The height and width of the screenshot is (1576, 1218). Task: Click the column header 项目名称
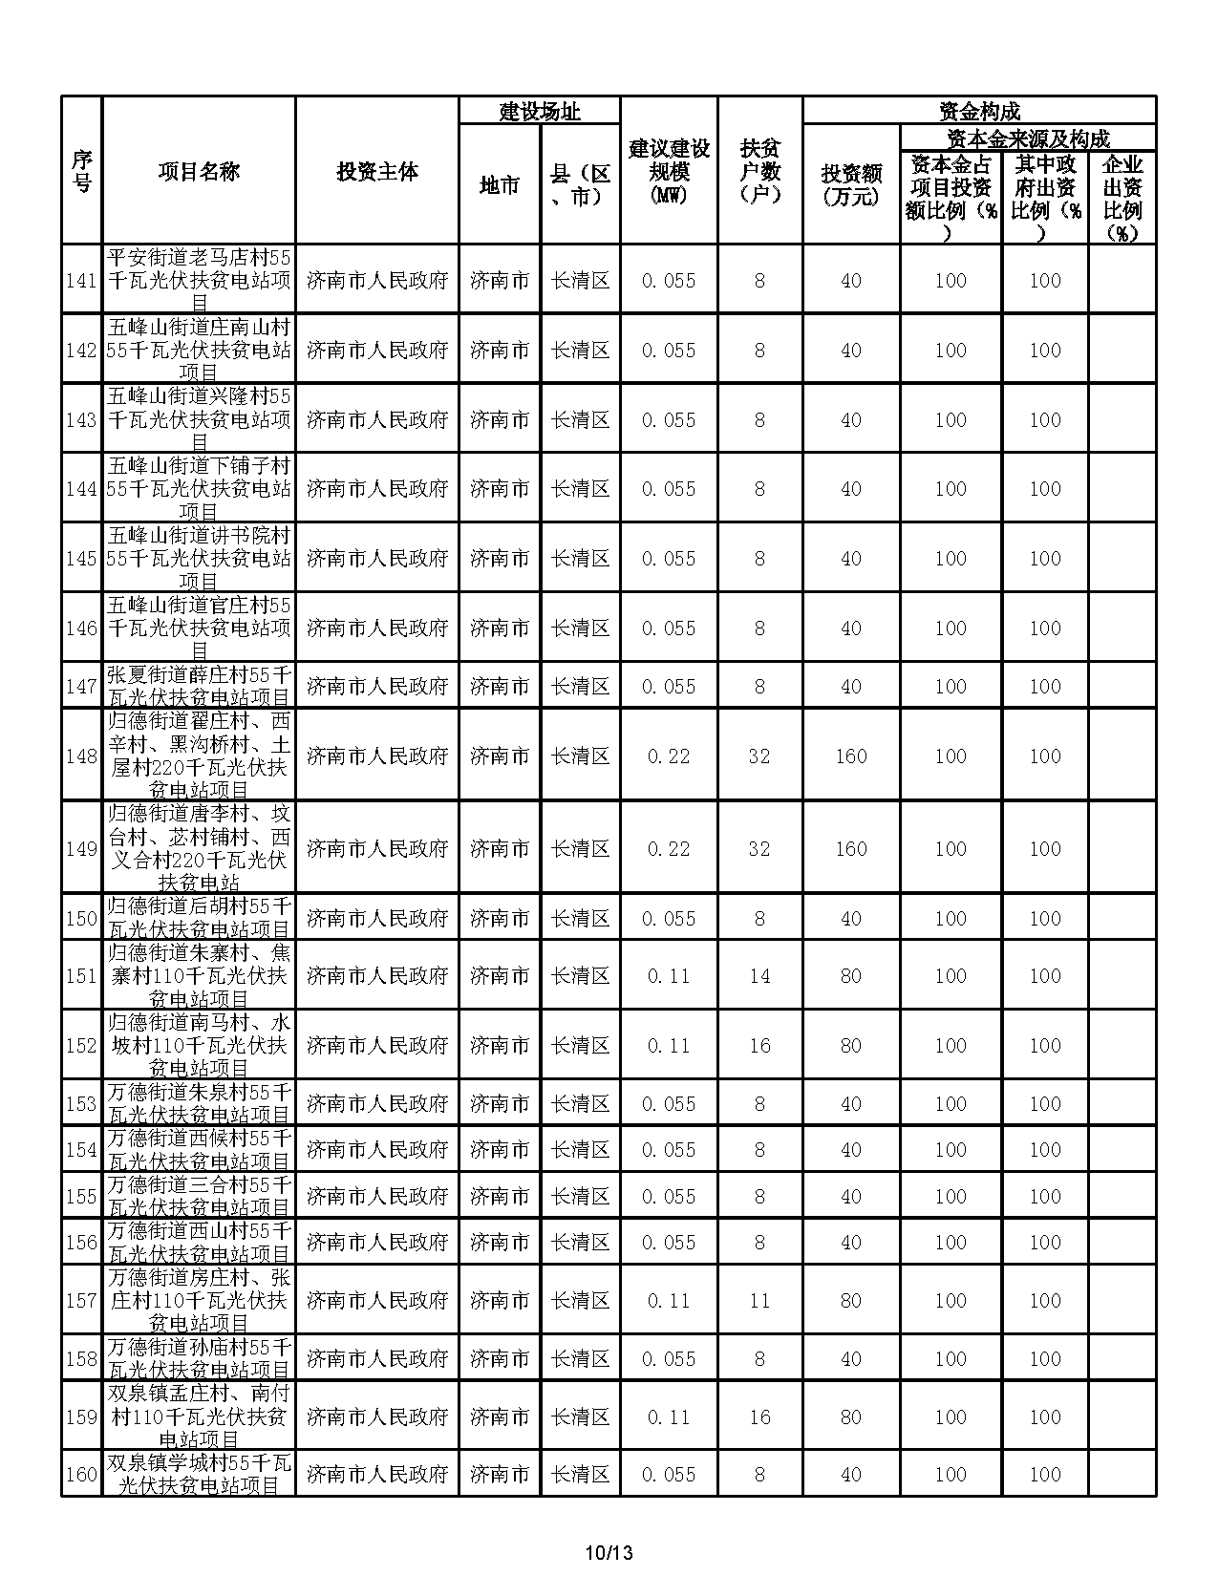coord(199,172)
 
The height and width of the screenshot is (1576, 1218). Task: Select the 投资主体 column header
coord(377,172)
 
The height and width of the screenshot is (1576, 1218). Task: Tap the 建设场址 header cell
coord(540,112)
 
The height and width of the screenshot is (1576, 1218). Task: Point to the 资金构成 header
coord(979,112)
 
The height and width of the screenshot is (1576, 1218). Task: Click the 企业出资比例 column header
coord(1122,199)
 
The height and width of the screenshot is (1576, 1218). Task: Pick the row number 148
coord(81,756)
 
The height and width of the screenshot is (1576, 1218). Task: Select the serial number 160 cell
coord(81,1475)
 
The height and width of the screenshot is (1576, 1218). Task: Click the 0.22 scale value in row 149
coord(669,849)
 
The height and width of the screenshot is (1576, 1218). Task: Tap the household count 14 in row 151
coord(759,976)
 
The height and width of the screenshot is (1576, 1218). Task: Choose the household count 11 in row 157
coord(759,1301)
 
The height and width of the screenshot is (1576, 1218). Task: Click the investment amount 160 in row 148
coord(851,756)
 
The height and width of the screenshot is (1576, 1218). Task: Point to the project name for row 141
coord(199,281)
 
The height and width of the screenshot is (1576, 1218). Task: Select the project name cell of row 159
coord(199,1417)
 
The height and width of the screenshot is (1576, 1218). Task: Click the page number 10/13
coord(609,1553)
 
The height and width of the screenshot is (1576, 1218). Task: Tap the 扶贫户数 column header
coord(759,172)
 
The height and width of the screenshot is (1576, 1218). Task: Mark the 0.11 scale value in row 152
coord(669,1046)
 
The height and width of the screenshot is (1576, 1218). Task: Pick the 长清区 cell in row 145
coord(581,559)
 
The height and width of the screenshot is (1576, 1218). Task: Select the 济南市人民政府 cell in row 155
coord(377,1197)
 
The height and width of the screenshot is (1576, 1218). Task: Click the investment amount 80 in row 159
coord(851,1417)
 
